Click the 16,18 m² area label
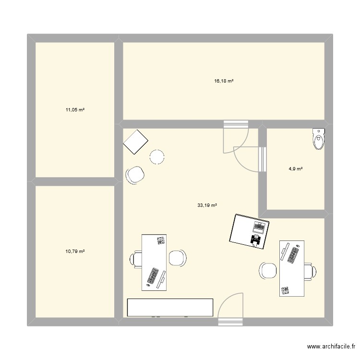[x=224, y=82]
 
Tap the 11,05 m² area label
[x=75, y=110]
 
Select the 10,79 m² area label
[x=75, y=251]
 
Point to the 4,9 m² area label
[x=296, y=168]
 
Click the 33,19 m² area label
[x=207, y=205]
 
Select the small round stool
[x=157, y=157]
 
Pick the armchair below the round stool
[x=135, y=175]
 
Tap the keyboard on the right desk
[x=293, y=253]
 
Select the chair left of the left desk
[x=135, y=259]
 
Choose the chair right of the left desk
[x=177, y=258]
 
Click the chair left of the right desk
[x=267, y=270]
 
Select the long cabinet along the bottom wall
[x=170, y=307]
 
